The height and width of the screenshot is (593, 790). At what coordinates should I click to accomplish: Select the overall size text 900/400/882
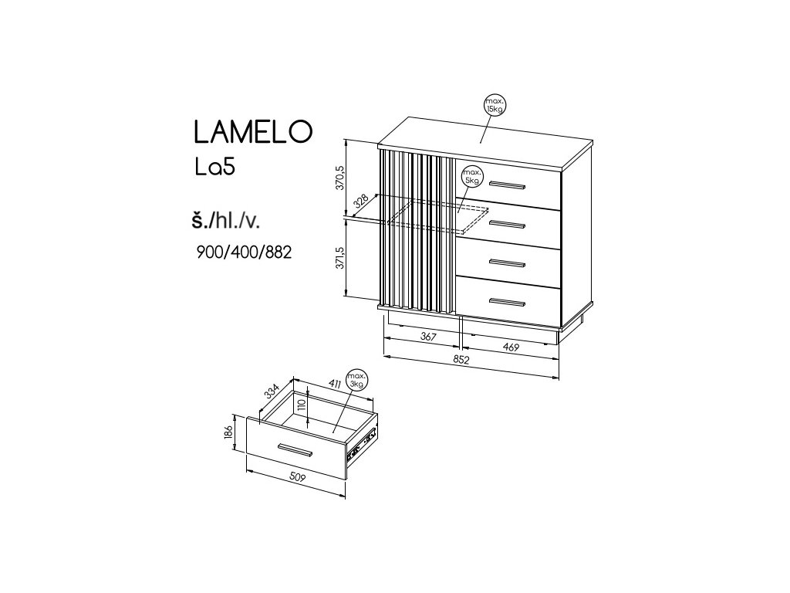click(245, 252)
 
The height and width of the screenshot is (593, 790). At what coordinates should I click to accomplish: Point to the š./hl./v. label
click(226, 221)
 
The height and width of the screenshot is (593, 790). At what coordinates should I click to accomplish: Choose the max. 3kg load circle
click(356, 379)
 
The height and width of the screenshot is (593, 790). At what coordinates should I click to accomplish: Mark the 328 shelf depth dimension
click(360, 202)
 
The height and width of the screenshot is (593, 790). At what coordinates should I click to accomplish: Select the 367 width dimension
click(428, 337)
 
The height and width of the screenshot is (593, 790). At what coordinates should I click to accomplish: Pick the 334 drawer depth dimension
click(272, 391)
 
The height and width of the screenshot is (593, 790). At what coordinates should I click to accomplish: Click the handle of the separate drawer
click(293, 449)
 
